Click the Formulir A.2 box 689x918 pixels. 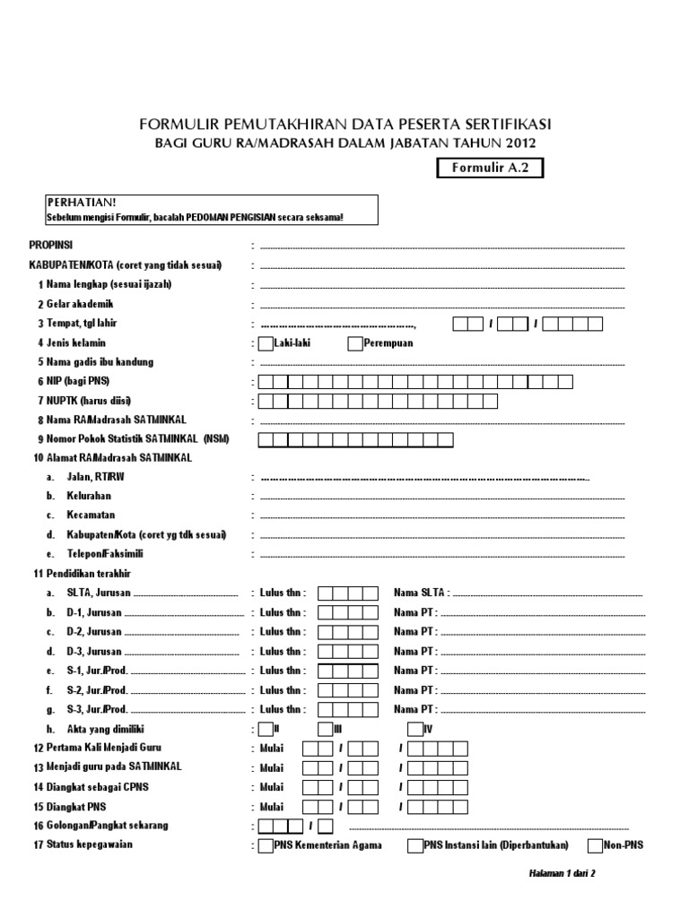click(490, 168)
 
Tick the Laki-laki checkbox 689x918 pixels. click(266, 342)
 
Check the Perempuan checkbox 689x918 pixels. click(355, 342)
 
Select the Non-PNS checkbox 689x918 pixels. click(596, 844)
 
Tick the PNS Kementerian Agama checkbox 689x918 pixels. click(266, 844)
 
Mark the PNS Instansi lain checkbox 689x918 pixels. click(415, 844)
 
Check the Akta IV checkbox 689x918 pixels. click(415, 728)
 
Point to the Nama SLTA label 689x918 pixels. click(420, 593)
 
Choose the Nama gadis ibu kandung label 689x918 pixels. click(100, 362)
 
